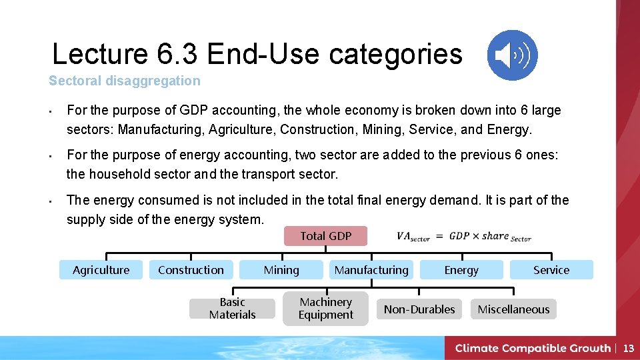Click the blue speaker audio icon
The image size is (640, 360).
(512, 55)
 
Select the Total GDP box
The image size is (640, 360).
(325, 236)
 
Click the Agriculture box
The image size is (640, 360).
(101, 270)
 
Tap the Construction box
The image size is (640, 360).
(191, 270)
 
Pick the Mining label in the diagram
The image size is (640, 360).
(281, 270)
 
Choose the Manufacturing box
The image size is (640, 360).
(371, 270)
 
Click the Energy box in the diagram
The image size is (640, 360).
(461, 270)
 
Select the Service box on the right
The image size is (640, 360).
(551, 270)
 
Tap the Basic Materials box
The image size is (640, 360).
(232, 309)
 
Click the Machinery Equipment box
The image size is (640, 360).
(325, 309)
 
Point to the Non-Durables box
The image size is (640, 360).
(419, 309)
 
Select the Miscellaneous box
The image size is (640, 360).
(513, 309)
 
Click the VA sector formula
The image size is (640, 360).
(463, 237)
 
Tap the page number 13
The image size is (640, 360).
(628, 348)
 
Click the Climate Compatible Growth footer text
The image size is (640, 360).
(533, 348)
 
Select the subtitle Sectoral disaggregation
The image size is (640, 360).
(124, 81)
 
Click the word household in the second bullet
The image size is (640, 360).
(121, 175)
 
